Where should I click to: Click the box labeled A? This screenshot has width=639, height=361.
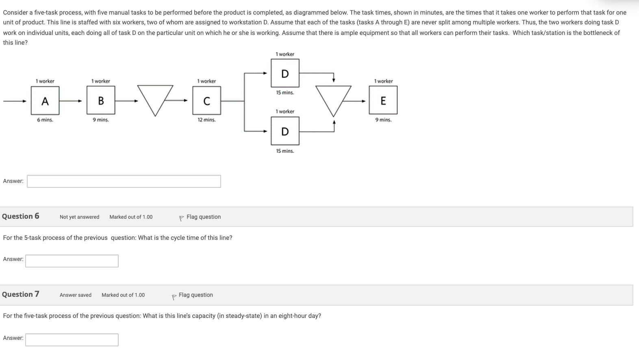coord(45,101)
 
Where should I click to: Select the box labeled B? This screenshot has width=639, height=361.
coord(101,101)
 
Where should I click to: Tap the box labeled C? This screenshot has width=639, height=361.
coord(206,101)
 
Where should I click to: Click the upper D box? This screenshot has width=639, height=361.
coord(285,74)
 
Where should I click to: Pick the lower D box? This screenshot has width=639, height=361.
coord(285,131)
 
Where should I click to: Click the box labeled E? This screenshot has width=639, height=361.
coord(383,101)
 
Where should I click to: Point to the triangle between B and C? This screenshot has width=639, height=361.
coord(155,98)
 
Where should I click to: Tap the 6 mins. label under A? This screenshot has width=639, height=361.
coord(45,120)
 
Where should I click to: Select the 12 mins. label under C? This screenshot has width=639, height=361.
coord(206,120)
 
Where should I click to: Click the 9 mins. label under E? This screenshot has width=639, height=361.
coord(383,120)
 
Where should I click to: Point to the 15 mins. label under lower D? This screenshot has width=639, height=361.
coord(285,151)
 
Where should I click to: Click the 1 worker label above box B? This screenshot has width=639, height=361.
coord(101,81)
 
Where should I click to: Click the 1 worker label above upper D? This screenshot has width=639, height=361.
coord(285,54)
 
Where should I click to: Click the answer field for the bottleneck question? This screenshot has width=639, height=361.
coord(124,181)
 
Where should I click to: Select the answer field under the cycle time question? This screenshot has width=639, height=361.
coord(72,261)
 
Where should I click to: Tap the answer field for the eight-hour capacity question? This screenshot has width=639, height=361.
coord(72,340)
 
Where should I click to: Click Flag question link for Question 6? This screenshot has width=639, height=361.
coord(203,217)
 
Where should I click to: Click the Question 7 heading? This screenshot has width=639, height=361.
coord(21,294)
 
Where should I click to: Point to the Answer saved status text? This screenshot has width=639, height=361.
coord(76,295)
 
